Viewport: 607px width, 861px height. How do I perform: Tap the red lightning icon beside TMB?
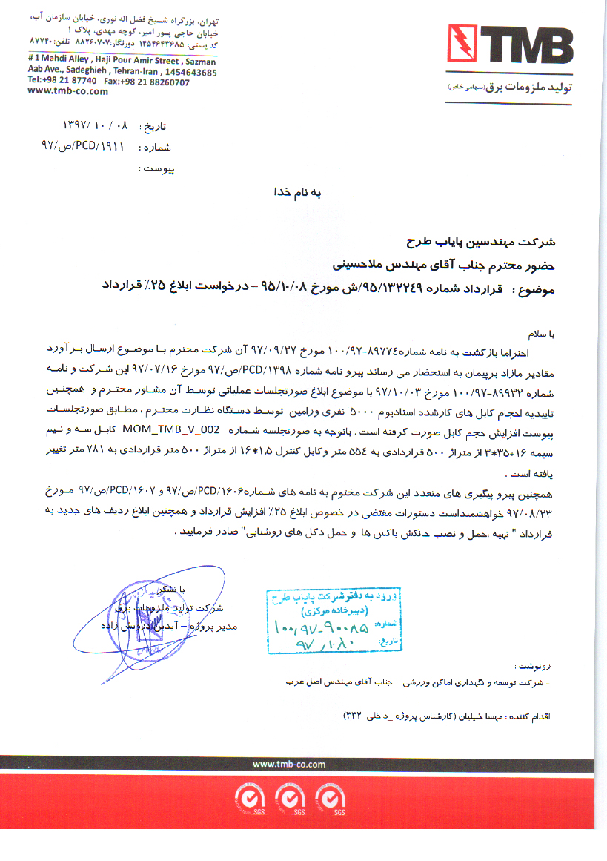coord(462,46)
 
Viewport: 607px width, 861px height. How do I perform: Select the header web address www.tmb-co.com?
coord(67,92)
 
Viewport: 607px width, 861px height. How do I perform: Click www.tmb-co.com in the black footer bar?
coord(289,765)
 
